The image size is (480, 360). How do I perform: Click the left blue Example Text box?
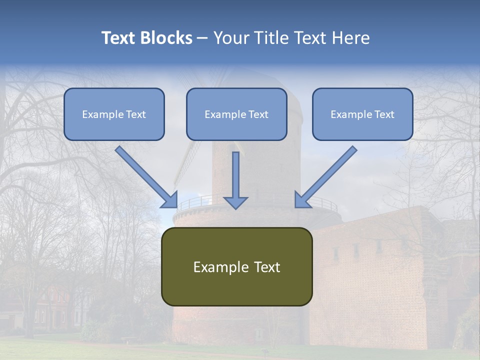[x=114, y=114]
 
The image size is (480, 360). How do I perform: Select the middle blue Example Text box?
[x=236, y=114]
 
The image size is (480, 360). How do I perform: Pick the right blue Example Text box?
[x=362, y=114]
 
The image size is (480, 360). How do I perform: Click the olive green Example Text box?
[x=236, y=266]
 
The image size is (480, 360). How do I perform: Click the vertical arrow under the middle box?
[x=235, y=175]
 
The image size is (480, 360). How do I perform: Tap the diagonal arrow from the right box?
[x=327, y=175]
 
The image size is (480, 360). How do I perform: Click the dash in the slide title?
[x=202, y=38]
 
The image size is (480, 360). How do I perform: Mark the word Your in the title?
[x=229, y=38]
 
